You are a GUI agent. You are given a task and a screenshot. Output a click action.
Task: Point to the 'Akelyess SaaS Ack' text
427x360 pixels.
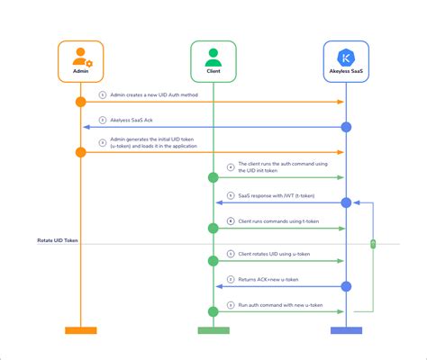[135, 119]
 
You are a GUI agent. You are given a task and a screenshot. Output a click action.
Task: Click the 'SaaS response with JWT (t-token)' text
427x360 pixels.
[275, 194]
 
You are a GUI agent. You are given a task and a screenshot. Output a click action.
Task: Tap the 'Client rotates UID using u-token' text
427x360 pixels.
[274, 254]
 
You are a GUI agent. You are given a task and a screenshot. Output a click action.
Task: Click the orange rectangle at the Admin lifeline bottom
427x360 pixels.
[80, 330]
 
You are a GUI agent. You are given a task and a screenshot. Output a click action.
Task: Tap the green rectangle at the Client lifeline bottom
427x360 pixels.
[213, 330]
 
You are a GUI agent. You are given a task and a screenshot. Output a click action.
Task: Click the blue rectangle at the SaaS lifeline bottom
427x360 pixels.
[346, 330]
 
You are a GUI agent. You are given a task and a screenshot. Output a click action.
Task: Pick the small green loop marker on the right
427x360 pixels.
[372, 244]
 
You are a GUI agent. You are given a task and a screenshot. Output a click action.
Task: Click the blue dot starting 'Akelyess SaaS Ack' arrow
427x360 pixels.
[346, 127]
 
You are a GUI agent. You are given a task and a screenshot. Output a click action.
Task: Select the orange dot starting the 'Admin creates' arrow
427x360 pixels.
[80, 103]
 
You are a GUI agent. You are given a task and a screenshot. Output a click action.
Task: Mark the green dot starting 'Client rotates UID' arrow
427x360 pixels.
[213, 261]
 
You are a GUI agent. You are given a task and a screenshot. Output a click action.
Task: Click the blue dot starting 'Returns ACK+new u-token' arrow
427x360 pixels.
[346, 286]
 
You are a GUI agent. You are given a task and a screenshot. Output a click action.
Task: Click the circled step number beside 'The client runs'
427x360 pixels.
[231, 166]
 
